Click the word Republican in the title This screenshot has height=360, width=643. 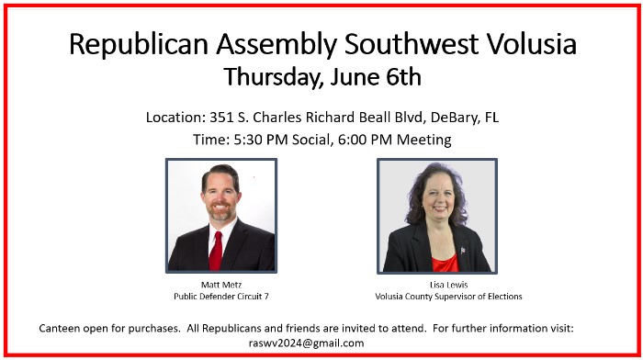tap(138, 44)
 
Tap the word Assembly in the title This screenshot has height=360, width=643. tap(276, 45)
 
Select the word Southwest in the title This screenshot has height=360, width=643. tap(412, 43)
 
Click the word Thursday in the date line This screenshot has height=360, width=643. tap(272, 77)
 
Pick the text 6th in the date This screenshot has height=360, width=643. tap(403, 76)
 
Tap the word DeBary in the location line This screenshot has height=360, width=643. tap(454, 118)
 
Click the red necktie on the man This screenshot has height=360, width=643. tap(216, 251)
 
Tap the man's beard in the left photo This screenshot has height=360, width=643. tap(220, 212)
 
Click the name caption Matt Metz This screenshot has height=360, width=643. tap(221, 285)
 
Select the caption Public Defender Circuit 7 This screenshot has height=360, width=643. tap(221, 297)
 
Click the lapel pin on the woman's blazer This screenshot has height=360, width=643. tap(463, 250)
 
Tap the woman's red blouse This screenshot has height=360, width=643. tap(446, 264)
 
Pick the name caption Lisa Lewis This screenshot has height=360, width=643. tap(448, 285)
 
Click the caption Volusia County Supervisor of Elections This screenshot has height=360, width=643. tap(448, 297)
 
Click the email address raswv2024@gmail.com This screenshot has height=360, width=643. tap(306, 343)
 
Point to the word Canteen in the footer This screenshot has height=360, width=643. tap(60, 329)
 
